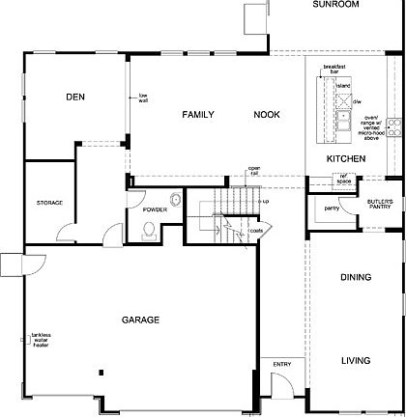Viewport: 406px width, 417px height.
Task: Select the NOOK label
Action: click(x=268, y=115)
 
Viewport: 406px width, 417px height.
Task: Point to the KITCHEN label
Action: click(x=346, y=157)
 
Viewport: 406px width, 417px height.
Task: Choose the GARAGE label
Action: click(x=140, y=320)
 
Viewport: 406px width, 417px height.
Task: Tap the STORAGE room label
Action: click(x=50, y=203)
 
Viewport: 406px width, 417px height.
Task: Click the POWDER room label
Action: click(x=156, y=209)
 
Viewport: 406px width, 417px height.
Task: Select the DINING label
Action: click(x=356, y=277)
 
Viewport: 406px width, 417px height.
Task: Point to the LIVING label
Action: click(x=356, y=361)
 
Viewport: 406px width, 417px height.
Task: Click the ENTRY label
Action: click(x=281, y=364)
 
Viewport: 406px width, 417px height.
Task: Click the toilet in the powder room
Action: click(x=149, y=229)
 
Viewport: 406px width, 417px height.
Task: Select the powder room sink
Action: click(x=175, y=200)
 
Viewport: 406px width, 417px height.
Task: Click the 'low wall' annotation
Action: click(x=142, y=97)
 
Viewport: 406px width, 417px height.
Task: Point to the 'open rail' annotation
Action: click(x=254, y=172)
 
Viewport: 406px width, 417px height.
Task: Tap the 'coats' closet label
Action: click(x=256, y=232)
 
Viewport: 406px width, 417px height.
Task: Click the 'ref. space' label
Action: click(x=342, y=179)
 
